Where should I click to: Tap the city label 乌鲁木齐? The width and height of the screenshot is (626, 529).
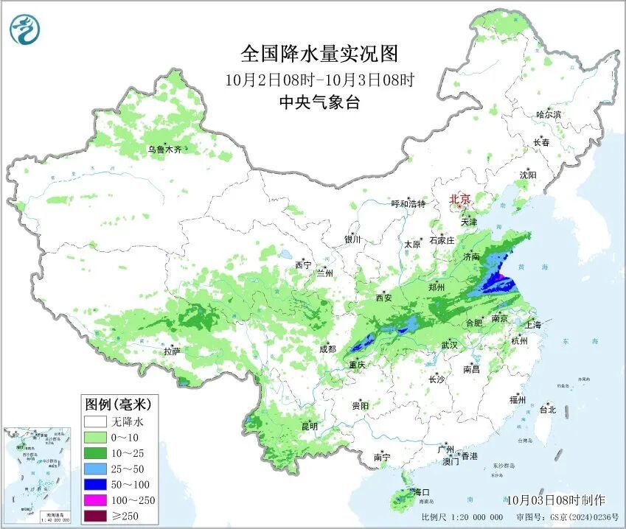(x=163, y=150)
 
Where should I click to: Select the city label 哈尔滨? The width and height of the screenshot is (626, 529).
(x=549, y=114)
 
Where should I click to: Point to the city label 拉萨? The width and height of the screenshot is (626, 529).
(x=172, y=351)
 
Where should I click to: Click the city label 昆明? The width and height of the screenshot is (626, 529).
(x=309, y=427)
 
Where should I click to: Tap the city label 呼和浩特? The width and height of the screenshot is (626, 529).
(x=408, y=203)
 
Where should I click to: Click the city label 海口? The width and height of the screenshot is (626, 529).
(x=421, y=491)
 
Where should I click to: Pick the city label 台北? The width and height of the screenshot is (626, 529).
(x=547, y=410)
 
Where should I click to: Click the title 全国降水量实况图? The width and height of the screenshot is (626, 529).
(x=319, y=55)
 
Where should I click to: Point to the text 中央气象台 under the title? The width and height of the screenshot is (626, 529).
(x=319, y=103)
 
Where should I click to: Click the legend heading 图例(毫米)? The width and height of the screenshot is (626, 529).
(x=118, y=404)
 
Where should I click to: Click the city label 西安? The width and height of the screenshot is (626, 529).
(x=385, y=298)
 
